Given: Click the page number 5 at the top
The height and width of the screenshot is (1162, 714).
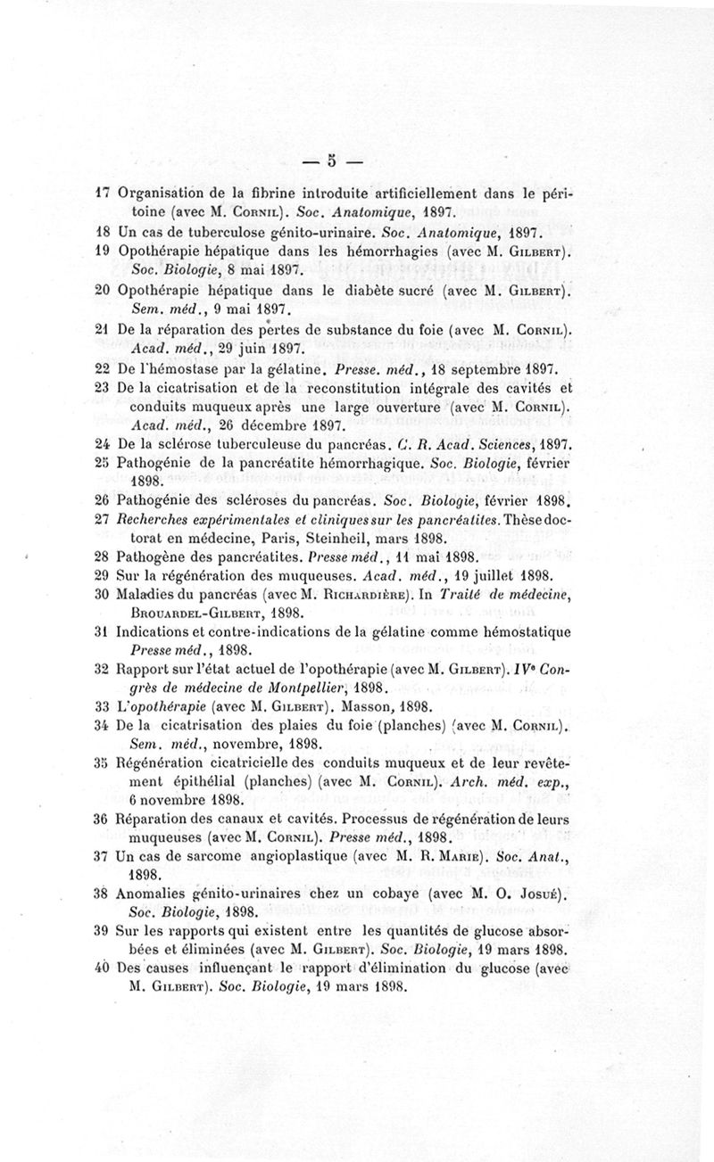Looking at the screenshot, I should pos(330,161).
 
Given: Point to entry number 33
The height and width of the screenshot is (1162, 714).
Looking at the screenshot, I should pos(101,704).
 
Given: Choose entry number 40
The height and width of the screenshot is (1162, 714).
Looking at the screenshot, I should pos(101,970).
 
